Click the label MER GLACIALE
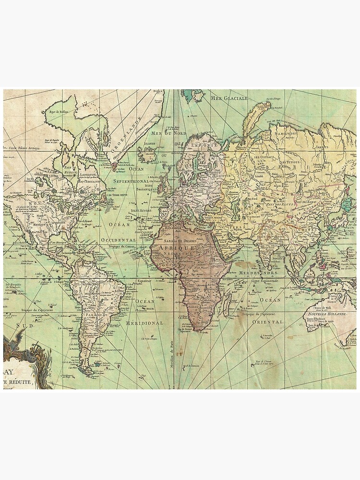[x=229, y=98]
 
